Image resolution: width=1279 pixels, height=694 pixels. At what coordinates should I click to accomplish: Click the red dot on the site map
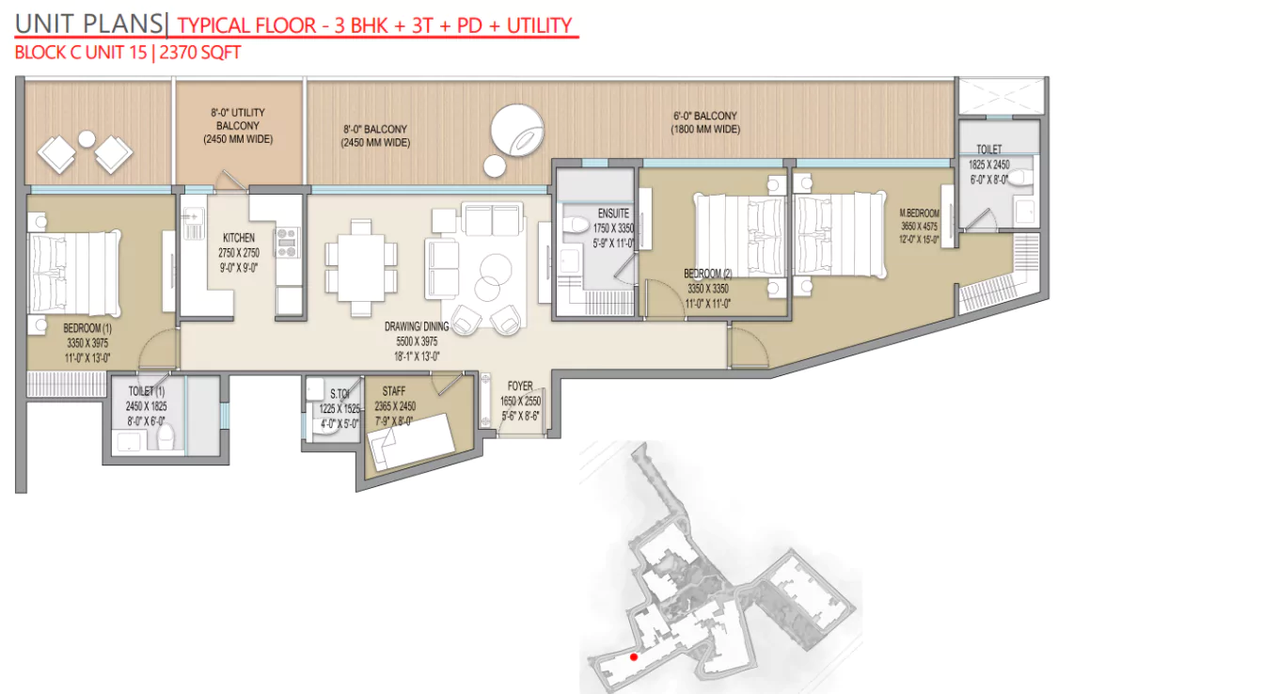(634, 656)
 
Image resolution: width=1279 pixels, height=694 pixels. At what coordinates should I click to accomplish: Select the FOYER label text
(520, 386)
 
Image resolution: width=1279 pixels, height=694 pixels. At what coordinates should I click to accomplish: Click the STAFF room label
(393, 389)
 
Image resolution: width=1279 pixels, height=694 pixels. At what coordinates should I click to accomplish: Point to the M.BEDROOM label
(918, 213)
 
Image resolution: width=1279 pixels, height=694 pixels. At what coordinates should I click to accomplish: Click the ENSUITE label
(612, 213)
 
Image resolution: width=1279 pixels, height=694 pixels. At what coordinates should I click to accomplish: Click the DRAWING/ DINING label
(417, 326)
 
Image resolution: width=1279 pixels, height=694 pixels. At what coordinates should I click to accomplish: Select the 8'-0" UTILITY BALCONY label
(237, 118)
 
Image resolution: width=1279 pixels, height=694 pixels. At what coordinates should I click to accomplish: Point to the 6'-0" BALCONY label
(705, 117)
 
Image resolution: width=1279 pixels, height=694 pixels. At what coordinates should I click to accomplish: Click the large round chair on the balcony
(516, 129)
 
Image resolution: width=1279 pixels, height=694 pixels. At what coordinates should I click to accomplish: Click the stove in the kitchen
(287, 243)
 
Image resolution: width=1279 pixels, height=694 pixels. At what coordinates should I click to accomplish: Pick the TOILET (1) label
(146, 391)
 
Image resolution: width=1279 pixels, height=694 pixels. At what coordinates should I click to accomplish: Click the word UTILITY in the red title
(539, 24)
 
